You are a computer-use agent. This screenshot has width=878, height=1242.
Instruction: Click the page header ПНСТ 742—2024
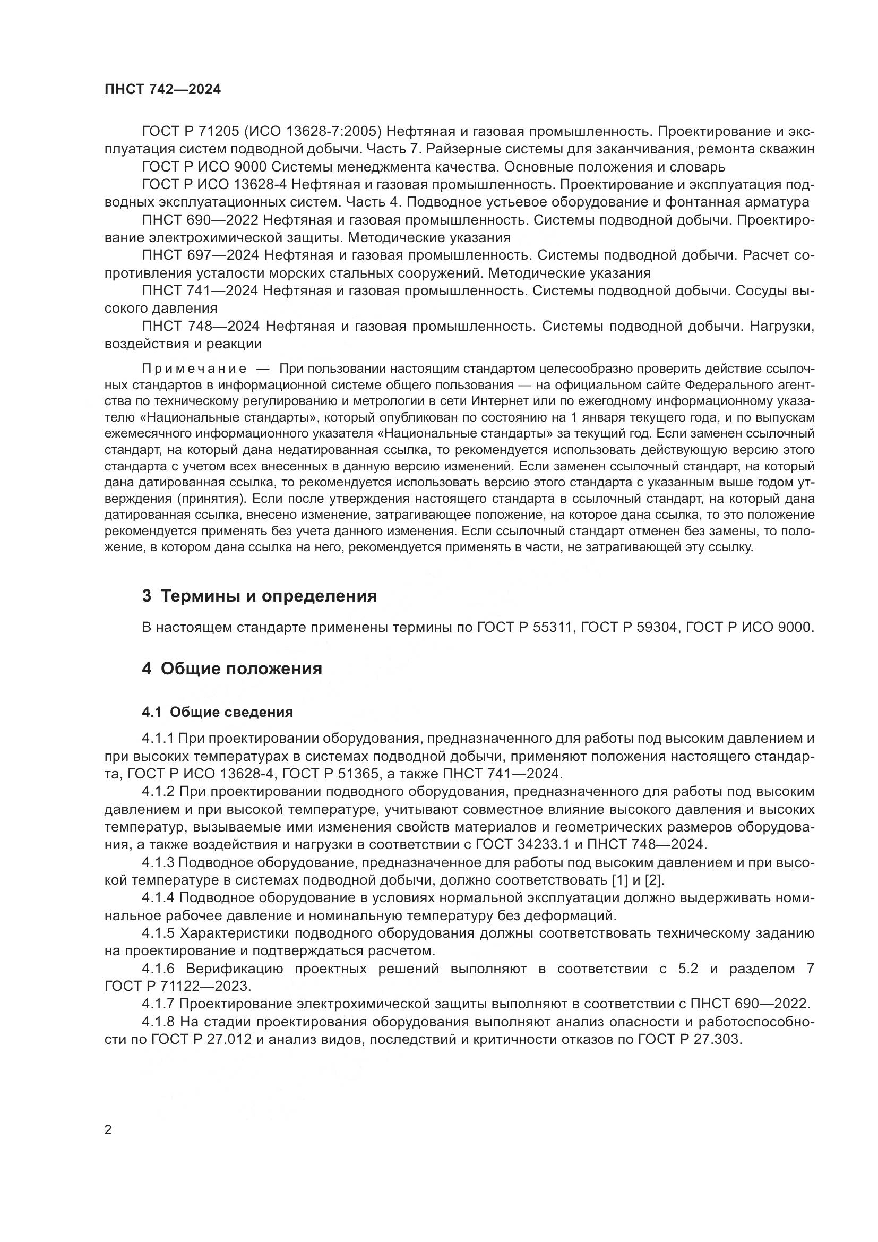click(163, 90)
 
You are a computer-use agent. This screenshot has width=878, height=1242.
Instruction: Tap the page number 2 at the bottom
click(108, 1130)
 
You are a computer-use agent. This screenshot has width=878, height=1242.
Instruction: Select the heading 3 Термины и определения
click(260, 596)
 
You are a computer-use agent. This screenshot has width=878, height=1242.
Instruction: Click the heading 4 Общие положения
click(232, 669)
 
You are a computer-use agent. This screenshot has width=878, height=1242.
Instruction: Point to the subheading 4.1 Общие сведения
click(217, 713)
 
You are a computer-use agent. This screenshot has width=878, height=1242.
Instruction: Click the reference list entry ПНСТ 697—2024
click(201, 255)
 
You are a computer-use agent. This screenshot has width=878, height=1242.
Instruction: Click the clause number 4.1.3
click(158, 863)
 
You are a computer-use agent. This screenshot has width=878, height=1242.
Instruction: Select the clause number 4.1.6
click(158, 969)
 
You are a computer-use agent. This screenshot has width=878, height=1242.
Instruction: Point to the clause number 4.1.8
click(158, 1022)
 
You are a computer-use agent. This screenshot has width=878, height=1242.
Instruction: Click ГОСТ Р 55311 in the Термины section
click(524, 628)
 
